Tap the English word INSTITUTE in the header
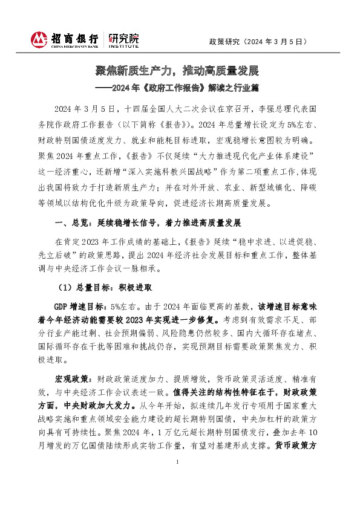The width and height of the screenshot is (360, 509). [123, 46]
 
